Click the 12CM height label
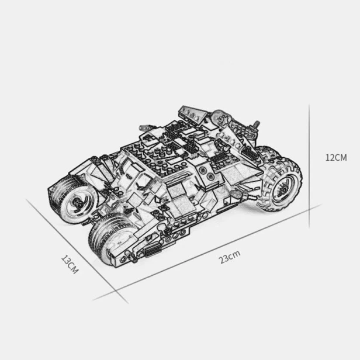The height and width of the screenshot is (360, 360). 336,158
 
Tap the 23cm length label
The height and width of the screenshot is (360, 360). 229,257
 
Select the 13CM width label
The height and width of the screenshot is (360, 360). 70,265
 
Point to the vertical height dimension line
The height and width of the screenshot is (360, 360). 309,166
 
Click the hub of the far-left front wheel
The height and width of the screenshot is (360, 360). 77,202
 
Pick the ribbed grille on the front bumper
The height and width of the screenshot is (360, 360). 152,250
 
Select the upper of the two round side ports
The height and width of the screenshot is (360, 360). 203,170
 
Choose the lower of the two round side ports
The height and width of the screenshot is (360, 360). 210,176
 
